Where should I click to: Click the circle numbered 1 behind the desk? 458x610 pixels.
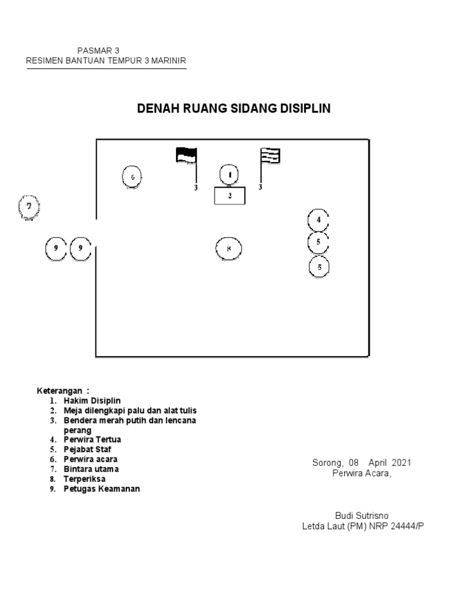(230, 175)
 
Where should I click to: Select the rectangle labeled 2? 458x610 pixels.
(230, 195)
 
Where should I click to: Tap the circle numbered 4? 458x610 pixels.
(318, 220)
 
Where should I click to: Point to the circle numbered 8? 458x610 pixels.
(228, 248)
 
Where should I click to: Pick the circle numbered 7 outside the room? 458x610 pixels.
(28, 207)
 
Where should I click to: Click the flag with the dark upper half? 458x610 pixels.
(186, 155)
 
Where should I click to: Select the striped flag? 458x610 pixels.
(270, 155)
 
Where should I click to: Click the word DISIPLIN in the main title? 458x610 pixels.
(301, 108)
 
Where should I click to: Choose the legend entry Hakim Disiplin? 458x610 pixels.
(92, 401)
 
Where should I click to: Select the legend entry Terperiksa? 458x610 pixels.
(84, 478)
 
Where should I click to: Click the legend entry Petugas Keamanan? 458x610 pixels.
(102, 489)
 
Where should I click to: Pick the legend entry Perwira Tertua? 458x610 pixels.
(92, 440)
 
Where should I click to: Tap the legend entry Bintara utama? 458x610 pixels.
(91, 469)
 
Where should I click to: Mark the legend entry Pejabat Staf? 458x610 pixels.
(88, 449)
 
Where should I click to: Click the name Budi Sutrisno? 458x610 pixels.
(362, 515)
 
